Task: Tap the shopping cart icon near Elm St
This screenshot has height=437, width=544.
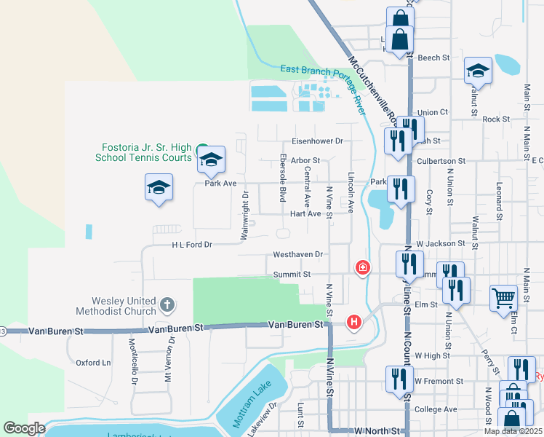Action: [x=503, y=298]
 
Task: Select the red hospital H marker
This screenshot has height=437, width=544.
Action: [x=354, y=321]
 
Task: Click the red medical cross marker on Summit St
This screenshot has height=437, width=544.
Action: [x=362, y=268]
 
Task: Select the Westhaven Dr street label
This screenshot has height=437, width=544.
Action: [x=297, y=255]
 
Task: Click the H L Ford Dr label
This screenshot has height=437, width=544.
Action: [x=192, y=245]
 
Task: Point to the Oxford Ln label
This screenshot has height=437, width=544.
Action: [x=94, y=362]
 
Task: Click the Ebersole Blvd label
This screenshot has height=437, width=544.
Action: [x=282, y=178]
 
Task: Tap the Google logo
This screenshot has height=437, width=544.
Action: [x=24, y=428]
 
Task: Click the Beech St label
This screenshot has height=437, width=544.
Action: [x=434, y=57]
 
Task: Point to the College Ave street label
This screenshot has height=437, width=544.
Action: [x=436, y=409]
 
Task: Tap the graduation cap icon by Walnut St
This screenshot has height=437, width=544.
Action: [x=479, y=71]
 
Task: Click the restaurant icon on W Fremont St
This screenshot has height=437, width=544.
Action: [x=399, y=379]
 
